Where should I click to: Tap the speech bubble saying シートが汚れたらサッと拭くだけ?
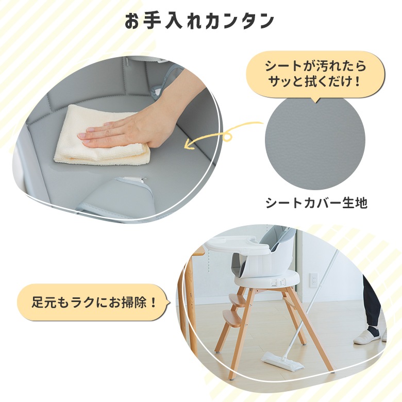click(x=315, y=74)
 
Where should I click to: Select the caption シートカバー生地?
click(x=316, y=203)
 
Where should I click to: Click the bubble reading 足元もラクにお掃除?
click(x=93, y=302)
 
